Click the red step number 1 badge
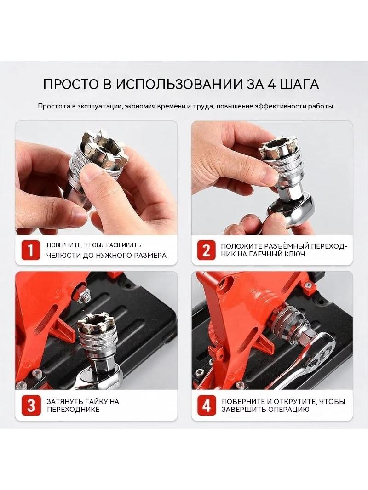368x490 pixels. point(31,250)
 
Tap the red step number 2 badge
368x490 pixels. point(207,250)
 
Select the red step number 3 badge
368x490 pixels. point(31,405)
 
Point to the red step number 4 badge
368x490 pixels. point(207,405)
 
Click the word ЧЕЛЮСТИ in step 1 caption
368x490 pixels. point(64,255)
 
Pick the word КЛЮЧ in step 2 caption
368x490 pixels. point(293,254)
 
